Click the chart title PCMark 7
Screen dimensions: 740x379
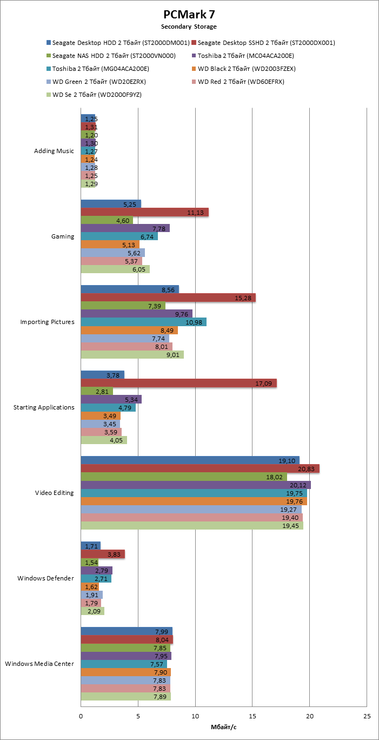click(189, 15)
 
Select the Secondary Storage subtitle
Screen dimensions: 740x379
click(189, 27)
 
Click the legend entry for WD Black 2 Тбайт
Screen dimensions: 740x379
click(246, 69)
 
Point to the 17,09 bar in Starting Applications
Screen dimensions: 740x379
click(178, 383)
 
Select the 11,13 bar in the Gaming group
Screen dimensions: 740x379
click(144, 212)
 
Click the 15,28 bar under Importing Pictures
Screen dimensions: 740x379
click(168, 298)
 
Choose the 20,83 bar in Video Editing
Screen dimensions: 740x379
click(200, 468)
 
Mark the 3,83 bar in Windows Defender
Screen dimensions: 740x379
click(103, 554)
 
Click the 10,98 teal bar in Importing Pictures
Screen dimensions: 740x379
click(143, 322)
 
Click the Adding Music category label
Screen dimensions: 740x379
click(54, 151)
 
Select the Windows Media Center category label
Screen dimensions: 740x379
click(39, 664)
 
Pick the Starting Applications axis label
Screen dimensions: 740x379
click(44, 407)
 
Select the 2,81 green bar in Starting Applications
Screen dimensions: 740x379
click(97, 391)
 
